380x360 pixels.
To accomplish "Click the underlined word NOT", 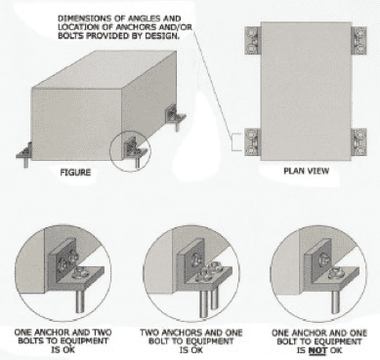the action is [x=317, y=350].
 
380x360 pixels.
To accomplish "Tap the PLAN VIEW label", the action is [x=307, y=171].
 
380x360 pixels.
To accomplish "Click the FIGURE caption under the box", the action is [x=75, y=173].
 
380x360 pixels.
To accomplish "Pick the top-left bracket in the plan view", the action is [x=253, y=40].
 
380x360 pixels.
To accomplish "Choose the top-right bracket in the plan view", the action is [x=359, y=40].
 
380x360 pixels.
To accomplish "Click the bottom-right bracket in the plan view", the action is [x=359, y=142].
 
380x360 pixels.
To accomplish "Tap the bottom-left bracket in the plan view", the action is [x=253, y=142].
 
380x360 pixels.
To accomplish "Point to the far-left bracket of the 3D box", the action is [x=24, y=154].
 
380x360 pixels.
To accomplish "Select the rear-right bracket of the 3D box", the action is [x=176, y=116].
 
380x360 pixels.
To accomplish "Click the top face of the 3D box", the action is [x=105, y=69].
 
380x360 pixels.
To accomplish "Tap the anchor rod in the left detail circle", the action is [x=80, y=301].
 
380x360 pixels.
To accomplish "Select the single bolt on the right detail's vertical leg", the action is [x=323, y=260].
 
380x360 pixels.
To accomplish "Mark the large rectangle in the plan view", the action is [x=306, y=92].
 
